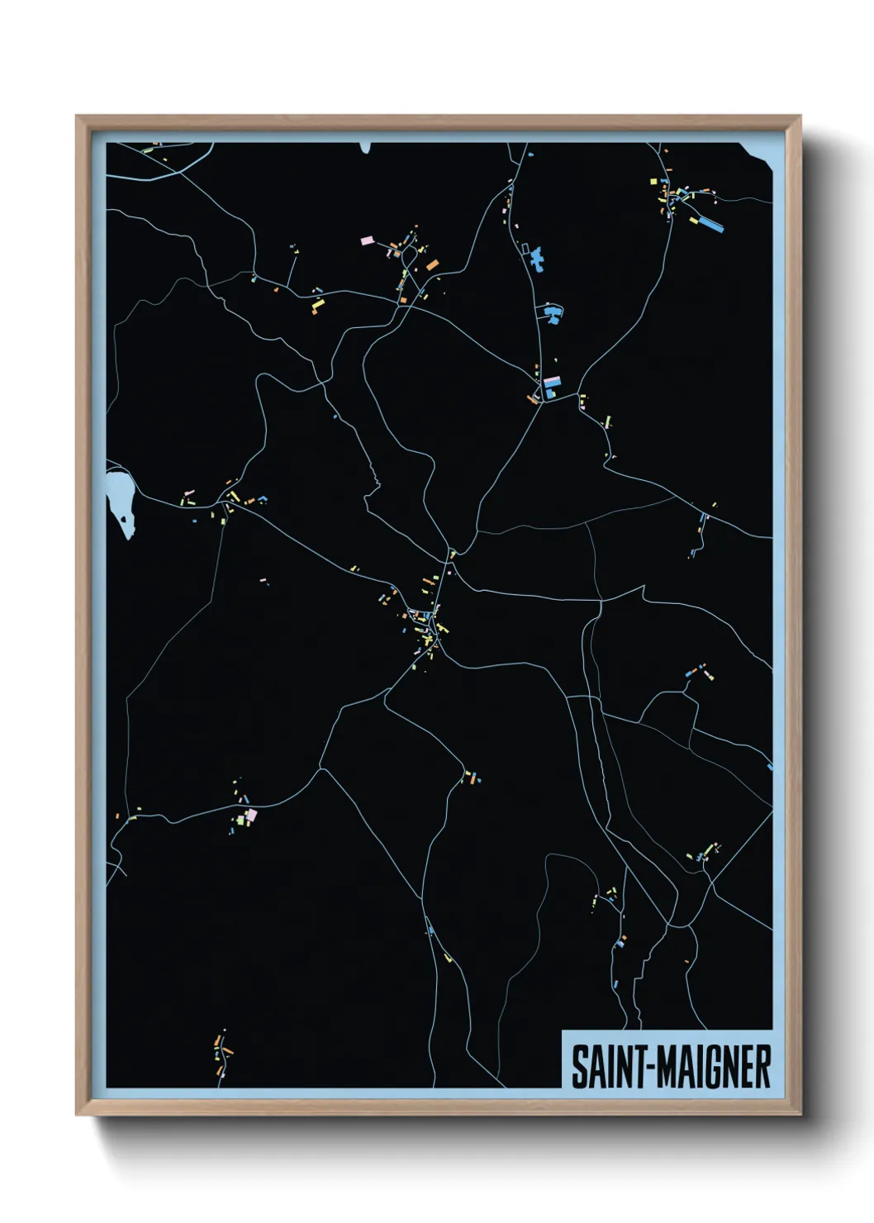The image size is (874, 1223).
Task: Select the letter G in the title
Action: (716, 1067)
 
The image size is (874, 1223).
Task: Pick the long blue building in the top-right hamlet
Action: (710, 222)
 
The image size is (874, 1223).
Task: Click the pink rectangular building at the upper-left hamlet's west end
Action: (368, 240)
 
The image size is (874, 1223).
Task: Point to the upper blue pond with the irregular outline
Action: (538, 258)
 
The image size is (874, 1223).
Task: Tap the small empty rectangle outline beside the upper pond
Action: (525, 248)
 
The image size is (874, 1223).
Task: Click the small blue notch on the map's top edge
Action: (365, 148)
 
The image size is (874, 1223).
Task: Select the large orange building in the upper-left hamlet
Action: (432, 265)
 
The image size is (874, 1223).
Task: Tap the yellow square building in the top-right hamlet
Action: (653, 180)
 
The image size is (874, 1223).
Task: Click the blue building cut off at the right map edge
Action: (770, 768)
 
